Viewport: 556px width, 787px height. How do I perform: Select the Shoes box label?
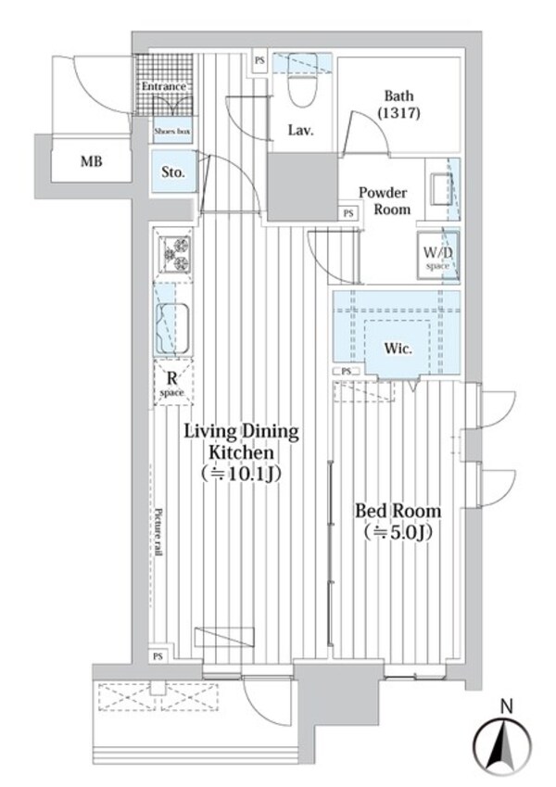pos(171,133)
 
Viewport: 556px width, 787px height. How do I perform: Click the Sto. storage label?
pos(173,172)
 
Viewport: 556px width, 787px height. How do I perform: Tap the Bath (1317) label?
pos(399,105)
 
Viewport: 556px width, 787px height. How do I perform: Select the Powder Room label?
pos(384,200)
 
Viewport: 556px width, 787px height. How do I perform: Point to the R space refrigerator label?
pos(171,383)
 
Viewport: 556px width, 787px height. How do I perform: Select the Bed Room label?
pos(399,520)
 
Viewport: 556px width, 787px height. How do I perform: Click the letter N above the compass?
pos(506,706)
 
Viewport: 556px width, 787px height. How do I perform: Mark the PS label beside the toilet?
pos(259,63)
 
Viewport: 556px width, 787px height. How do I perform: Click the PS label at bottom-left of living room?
pos(158,656)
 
